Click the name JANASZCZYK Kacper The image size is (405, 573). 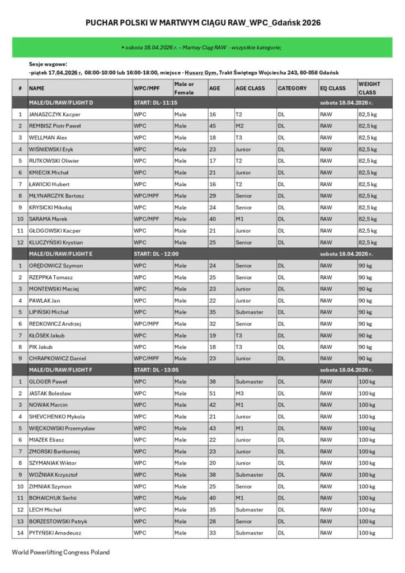[x=50, y=114]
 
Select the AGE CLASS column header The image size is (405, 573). [x=250, y=88]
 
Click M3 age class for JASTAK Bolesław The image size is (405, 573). [x=239, y=393]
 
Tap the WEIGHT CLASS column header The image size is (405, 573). [x=369, y=88]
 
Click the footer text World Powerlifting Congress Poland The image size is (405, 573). [x=61, y=552]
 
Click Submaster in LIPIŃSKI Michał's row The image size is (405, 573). [x=249, y=312]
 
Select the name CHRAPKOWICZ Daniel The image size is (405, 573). [x=58, y=358]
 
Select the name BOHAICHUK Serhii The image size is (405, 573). [x=53, y=498]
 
